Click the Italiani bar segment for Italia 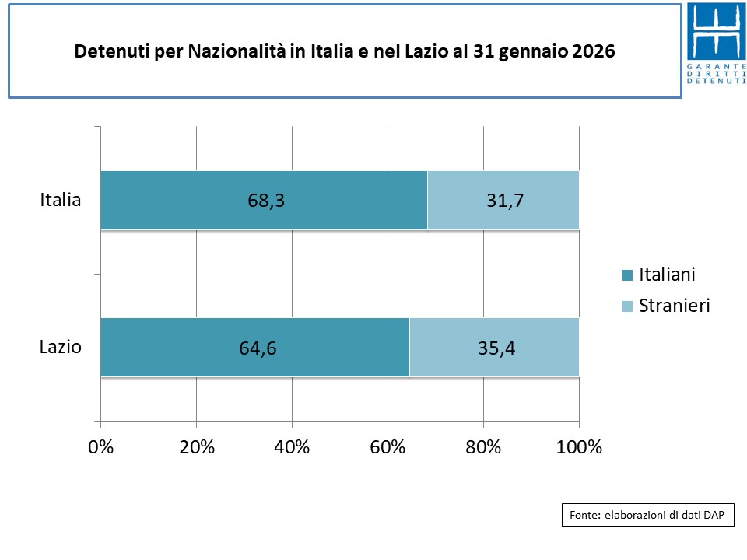tap(195, 200)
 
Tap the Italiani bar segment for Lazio tap(187, 347)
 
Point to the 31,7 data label tap(504, 201)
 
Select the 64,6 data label tap(258, 348)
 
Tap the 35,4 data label tap(496, 348)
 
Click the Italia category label tap(61, 200)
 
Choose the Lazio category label tap(61, 347)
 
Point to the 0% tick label tap(101, 447)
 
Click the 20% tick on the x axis tap(197, 447)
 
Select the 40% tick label tap(293, 447)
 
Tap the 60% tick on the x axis tap(388, 447)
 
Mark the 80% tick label tap(484, 447)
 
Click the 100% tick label tap(580, 447)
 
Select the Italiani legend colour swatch tap(627, 275)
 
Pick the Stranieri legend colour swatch tap(627, 306)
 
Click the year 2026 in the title tap(593, 52)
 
